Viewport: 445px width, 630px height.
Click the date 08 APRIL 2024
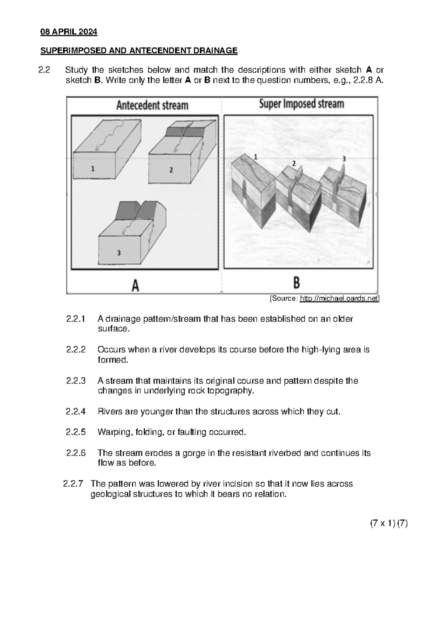point(69,32)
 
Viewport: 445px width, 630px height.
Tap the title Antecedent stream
point(152,105)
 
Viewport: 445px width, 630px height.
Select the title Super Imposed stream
point(301,104)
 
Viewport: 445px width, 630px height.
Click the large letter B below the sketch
point(297,283)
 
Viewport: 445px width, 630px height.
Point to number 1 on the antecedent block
point(93,169)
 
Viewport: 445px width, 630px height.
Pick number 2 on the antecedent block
point(171,170)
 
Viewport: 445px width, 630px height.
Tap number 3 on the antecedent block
point(119,253)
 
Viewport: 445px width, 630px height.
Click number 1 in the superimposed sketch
point(255,157)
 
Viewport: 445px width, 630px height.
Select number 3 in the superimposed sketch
point(344,159)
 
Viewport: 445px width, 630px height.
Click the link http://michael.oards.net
point(339,299)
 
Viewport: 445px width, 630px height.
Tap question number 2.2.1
point(76,319)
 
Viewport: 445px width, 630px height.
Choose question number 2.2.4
point(76,411)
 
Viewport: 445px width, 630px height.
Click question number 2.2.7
point(73,484)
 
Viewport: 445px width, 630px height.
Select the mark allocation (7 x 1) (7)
point(389,524)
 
